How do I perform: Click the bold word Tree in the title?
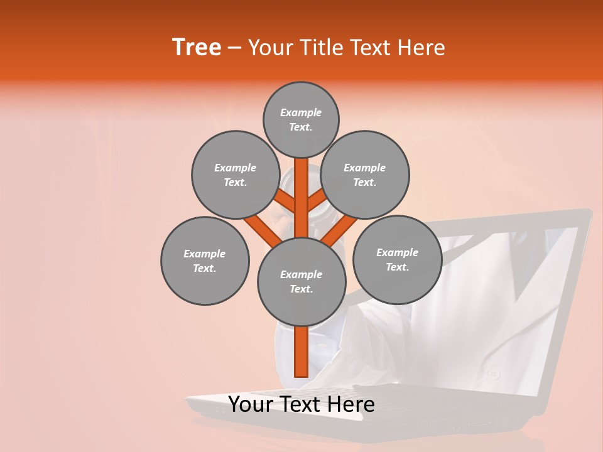pos(197,48)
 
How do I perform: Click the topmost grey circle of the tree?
pos(301,119)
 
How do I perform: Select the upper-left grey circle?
pos(236,175)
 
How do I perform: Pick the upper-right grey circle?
pos(365,175)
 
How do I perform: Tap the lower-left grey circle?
pos(205,261)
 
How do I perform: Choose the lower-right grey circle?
pos(397,259)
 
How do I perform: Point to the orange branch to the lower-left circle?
pos(261,229)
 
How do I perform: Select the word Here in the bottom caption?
pos(352,404)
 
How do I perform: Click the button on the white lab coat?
pos(494,374)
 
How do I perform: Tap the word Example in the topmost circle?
pos(301,112)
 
